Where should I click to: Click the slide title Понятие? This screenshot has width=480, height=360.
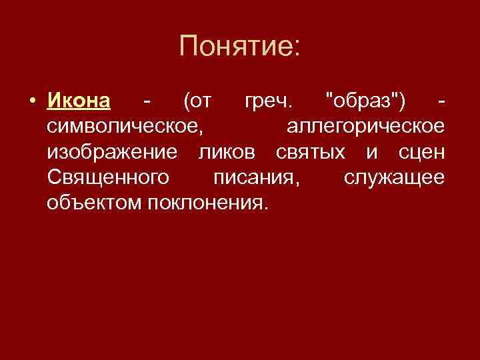tap(240, 47)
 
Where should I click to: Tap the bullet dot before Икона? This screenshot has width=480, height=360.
tap(31, 103)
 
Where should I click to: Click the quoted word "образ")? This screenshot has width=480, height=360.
tap(363, 102)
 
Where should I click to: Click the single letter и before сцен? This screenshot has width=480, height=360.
tap(371, 153)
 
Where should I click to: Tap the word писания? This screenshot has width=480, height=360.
tap(259, 178)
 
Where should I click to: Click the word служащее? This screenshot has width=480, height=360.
tap(393, 178)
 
